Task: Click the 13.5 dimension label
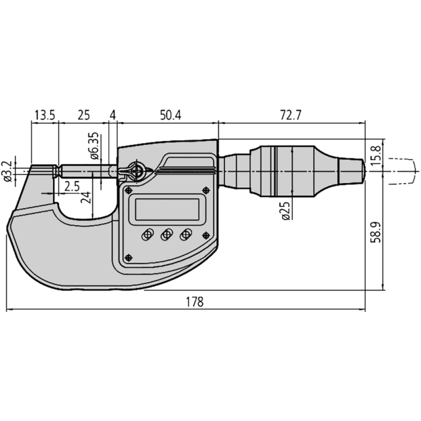tap(44, 115)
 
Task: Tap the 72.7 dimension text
tap(291, 115)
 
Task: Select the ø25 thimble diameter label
tap(285, 210)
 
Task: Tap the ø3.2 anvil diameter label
tap(8, 172)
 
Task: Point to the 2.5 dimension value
tap(72, 186)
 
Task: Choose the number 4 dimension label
tap(113, 115)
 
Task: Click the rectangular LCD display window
tap(167, 209)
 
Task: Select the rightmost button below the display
tap(185, 235)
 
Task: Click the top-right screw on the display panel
tap(206, 190)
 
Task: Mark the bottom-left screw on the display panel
tap(129, 257)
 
